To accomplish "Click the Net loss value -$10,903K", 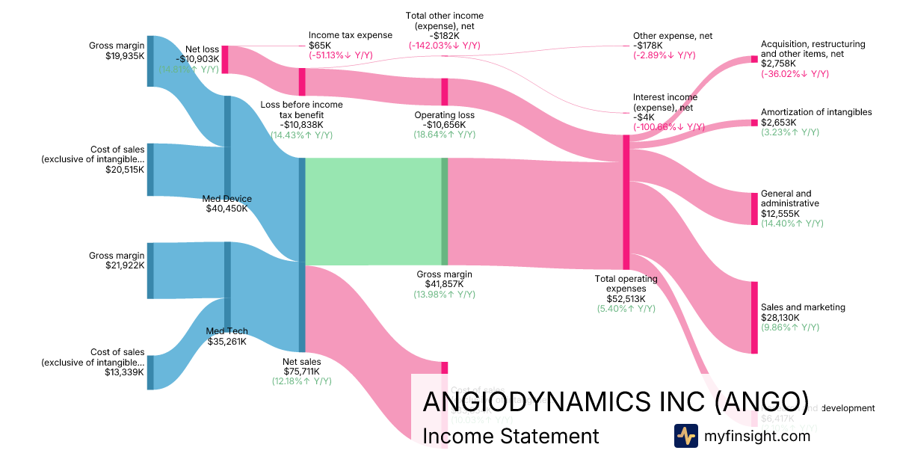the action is [x=197, y=58].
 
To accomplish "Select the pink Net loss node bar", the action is [x=225, y=59].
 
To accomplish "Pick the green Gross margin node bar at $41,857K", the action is [x=444, y=212].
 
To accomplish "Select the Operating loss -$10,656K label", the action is [x=444, y=125].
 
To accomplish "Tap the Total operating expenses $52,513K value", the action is [x=626, y=298].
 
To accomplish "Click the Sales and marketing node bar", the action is [x=754, y=317].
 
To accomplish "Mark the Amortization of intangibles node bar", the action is [x=754, y=122].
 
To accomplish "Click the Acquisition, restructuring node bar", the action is [x=754, y=58].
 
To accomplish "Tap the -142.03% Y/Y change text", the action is [x=444, y=46].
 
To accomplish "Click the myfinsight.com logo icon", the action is [x=685, y=436].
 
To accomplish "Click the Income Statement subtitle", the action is [x=511, y=436].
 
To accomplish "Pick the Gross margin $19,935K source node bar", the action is [x=150, y=61].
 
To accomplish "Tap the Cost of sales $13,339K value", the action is [x=124, y=372].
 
